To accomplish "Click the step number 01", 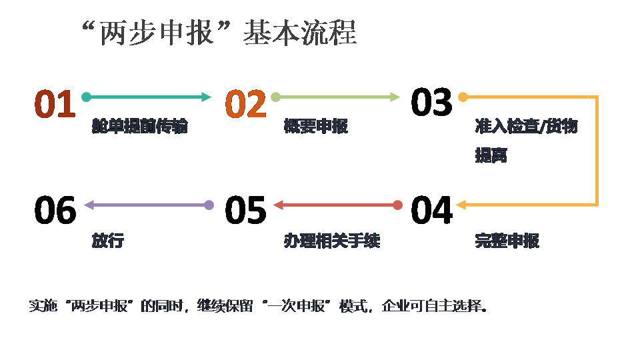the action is (x=55, y=104).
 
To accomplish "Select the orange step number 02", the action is (x=245, y=104).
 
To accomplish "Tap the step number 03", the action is (x=431, y=102).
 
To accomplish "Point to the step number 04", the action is (x=431, y=210).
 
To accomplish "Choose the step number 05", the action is (x=245, y=210).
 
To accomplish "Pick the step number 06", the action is (x=55, y=210).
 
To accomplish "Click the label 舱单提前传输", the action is (x=140, y=127).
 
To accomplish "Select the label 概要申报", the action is (x=315, y=127).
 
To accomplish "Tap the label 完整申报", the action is (x=507, y=241).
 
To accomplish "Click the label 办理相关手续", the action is (x=331, y=241).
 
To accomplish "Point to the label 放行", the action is (x=107, y=241).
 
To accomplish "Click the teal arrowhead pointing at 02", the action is (x=206, y=97).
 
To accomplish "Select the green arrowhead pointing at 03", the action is (x=395, y=97).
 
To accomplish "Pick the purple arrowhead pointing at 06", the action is (x=89, y=205).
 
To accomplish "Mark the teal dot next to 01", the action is (x=86, y=97).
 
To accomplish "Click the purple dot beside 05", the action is (x=209, y=205).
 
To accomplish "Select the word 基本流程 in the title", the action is (x=300, y=32).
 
